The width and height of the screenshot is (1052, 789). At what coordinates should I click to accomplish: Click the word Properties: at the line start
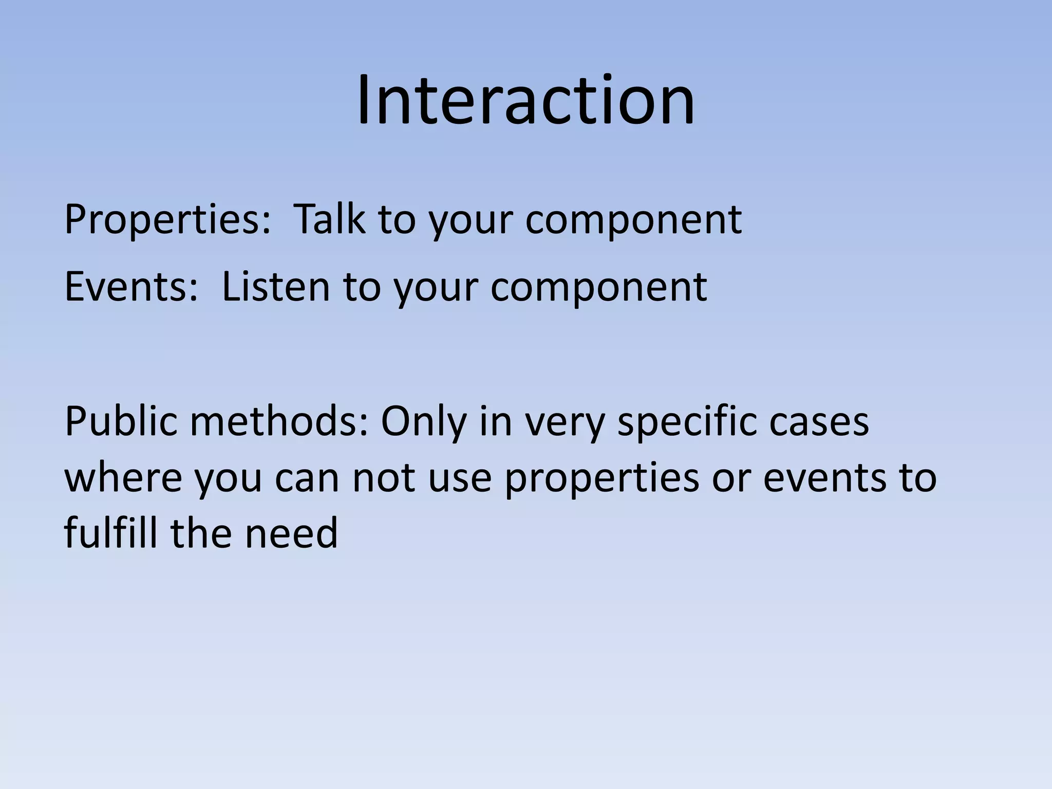167,220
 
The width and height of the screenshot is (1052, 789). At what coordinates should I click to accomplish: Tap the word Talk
331,220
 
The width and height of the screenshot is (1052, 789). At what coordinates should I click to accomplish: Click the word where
123,478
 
